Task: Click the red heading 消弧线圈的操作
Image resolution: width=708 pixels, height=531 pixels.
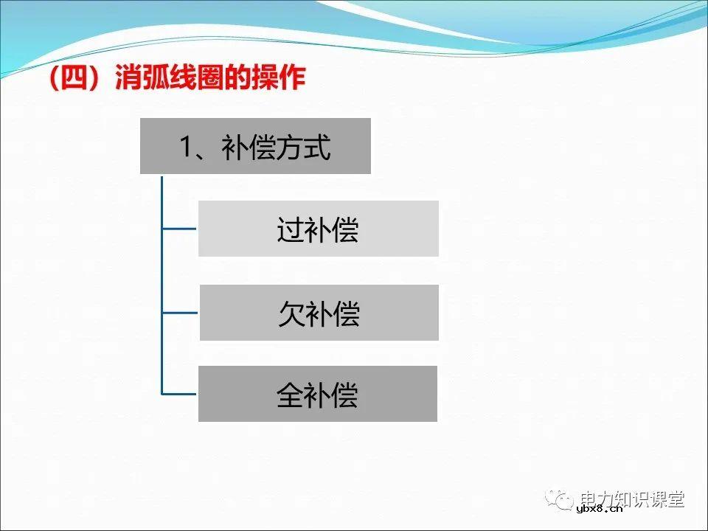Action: [209, 80]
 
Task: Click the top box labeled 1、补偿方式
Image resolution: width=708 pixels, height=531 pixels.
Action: [255, 147]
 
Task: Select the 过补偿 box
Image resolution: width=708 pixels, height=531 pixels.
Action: [318, 229]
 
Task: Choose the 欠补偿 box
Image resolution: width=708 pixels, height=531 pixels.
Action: [319, 313]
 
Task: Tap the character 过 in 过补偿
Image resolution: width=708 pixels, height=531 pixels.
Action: [290, 230]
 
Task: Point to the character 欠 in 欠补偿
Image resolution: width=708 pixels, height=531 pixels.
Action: [291, 314]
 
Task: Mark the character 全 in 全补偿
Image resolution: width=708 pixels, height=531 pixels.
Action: [290, 395]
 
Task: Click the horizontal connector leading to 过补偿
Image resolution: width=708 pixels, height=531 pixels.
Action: [179, 229]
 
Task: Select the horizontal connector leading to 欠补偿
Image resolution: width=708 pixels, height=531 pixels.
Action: [179, 313]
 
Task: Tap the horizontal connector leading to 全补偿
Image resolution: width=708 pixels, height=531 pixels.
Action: [179, 394]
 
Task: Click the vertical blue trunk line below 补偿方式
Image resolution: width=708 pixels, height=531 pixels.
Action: [162, 280]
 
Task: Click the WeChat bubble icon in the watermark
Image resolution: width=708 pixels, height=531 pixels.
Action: [564, 501]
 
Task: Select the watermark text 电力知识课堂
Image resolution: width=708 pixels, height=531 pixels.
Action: [633, 499]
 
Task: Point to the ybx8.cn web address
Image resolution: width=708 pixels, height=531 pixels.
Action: [599, 508]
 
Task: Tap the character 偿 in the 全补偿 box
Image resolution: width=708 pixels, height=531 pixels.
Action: [344, 395]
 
